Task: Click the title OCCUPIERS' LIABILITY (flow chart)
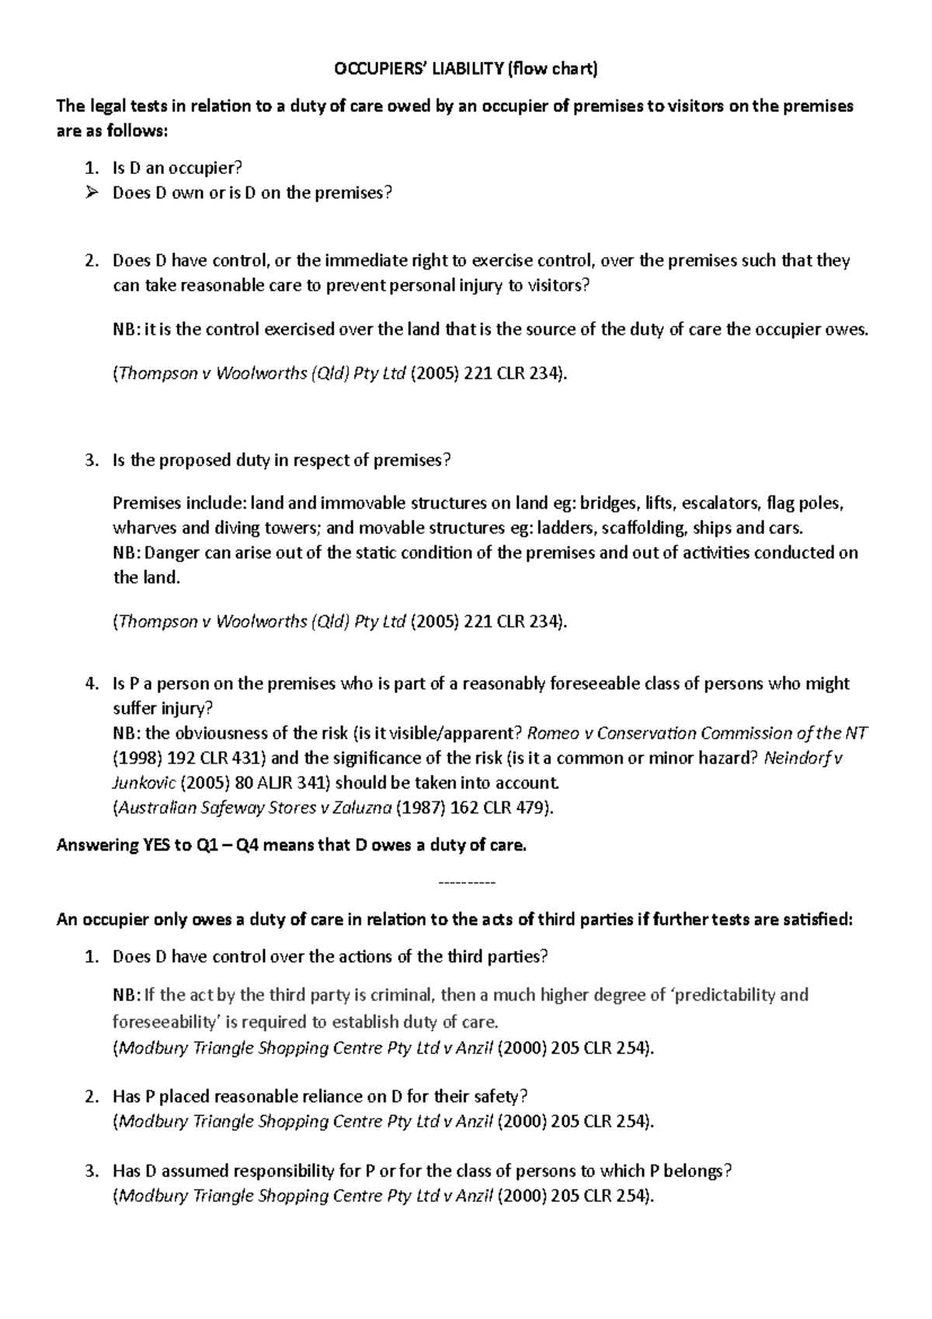pyautogui.click(x=465, y=69)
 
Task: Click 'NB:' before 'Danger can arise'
pyautogui.click(x=127, y=553)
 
